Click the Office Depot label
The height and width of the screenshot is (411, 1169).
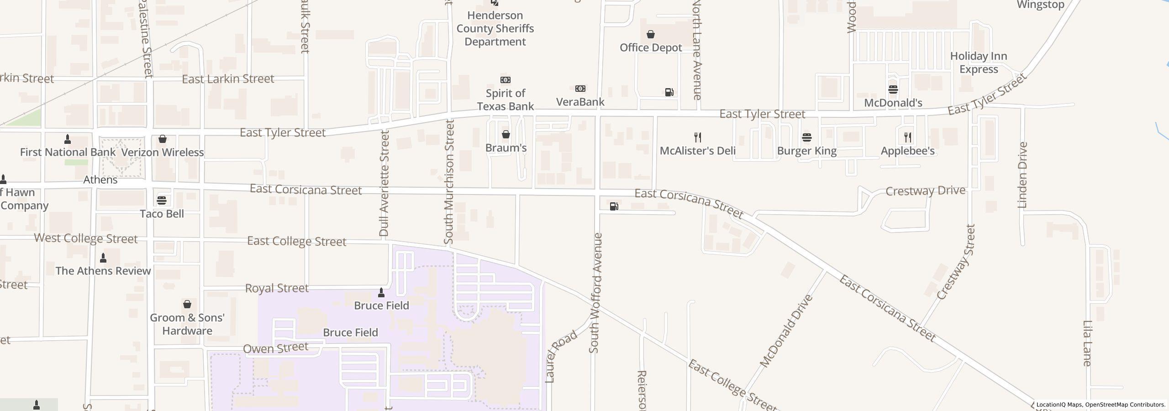(x=651, y=47)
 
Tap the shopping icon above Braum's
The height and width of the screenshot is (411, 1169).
(x=506, y=134)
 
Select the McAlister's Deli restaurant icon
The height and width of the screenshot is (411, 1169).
(x=697, y=137)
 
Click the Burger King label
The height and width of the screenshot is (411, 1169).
(x=806, y=151)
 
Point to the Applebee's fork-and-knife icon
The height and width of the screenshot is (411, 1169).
(x=907, y=137)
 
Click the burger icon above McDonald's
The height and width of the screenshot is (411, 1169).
(x=893, y=89)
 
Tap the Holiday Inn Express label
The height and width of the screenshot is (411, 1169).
(x=979, y=63)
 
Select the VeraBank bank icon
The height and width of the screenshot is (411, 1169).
(x=580, y=89)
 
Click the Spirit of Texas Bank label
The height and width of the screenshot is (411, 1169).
(x=505, y=100)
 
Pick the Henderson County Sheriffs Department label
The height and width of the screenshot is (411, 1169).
(x=495, y=28)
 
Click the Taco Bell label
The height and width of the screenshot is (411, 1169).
(x=162, y=214)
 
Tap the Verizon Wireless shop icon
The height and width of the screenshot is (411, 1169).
(x=162, y=139)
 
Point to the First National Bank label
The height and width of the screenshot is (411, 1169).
(x=68, y=152)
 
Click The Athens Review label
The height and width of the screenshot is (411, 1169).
(x=103, y=271)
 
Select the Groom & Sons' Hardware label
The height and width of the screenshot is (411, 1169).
(x=187, y=324)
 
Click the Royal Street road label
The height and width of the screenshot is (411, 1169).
(x=277, y=288)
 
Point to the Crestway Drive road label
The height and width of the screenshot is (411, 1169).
(x=925, y=191)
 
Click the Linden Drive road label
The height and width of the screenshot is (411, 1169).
(x=1022, y=175)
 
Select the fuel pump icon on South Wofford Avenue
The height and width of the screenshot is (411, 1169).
(x=614, y=206)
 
